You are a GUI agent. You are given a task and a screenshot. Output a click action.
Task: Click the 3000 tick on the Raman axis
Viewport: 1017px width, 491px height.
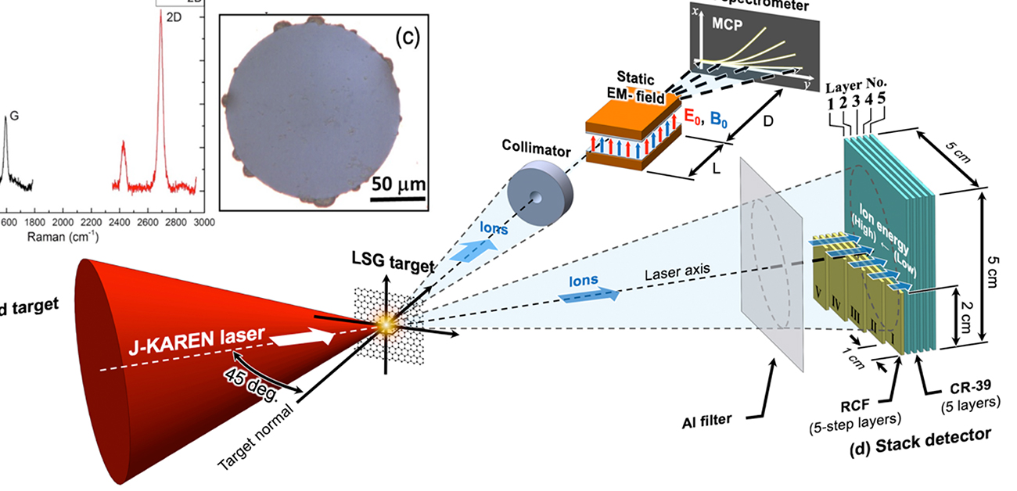pyautogui.click(x=204, y=223)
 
